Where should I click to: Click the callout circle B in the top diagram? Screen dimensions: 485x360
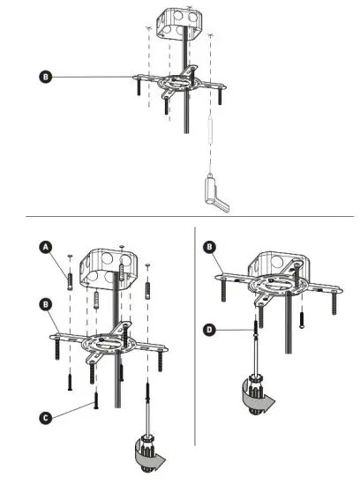point(46,77)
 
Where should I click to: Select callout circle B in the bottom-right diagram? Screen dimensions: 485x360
point(209,248)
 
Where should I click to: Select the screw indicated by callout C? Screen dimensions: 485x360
point(92,405)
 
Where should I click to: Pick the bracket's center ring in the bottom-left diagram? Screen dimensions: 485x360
point(108,340)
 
